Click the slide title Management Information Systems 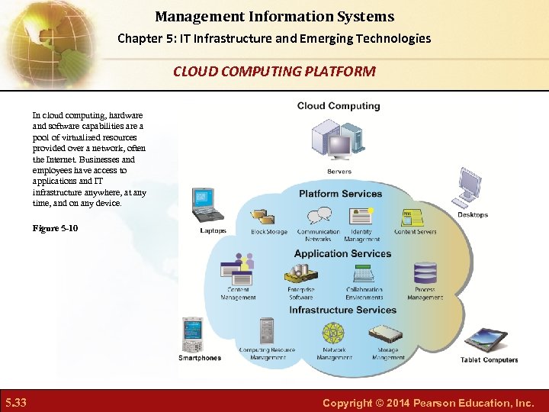pyautogui.click(x=274, y=16)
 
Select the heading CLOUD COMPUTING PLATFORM pyautogui.click(x=274, y=72)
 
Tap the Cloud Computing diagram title pyautogui.click(x=339, y=106)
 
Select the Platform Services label pyautogui.click(x=340, y=194)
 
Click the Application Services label pyautogui.click(x=342, y=254)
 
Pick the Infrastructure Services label pyautogui.click(x=342, y=310)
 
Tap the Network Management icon pyautogui.click(x=333, y=333)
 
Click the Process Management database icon pyautogui.click(x=425, y=273)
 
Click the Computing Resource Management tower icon pyautogui.click(x=266, y=332)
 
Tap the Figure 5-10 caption pyautogui.click(x=55, y=229)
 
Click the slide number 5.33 pyautogui.click(x=15, y=402)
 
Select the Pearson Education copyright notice pyautogui.click(x=428, y=402)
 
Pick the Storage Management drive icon pyautogui.click(x=387, y=334)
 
